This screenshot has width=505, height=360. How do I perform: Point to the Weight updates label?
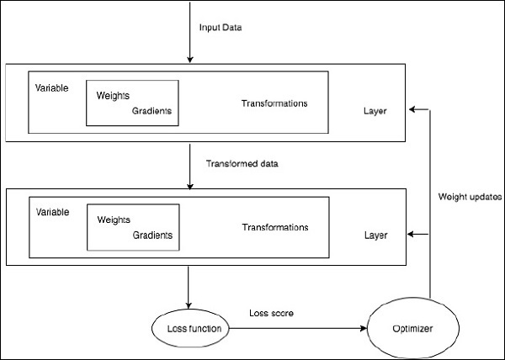(470, 197)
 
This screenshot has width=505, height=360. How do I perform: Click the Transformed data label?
(242, 162)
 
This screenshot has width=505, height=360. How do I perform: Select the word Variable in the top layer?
(52, 87)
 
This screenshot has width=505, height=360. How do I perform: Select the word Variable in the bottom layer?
(52, 210)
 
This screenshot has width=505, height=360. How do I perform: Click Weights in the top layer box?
(114, 96)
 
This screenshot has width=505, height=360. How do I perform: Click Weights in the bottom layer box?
(114, 220)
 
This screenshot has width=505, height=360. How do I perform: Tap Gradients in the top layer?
(152, 111)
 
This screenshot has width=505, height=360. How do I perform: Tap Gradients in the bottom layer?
(152, 235)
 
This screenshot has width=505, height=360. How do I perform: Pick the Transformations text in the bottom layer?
(274, 227)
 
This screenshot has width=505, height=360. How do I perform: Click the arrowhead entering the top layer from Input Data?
(191, 59)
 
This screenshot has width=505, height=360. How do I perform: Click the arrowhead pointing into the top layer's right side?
(410, 109)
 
